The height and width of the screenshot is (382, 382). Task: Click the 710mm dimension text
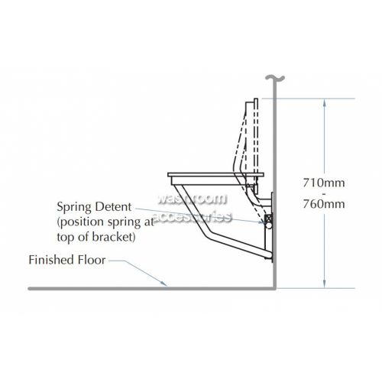click(324, 183)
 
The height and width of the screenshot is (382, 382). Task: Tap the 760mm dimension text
click(324, 204)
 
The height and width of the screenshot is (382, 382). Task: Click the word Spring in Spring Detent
click(73, 207)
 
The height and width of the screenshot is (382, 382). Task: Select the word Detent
click(112, 206)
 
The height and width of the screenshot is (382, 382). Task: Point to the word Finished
click(47, 260)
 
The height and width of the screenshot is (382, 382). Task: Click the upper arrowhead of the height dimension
click(324, 102)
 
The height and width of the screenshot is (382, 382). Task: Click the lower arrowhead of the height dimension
click(324, 284)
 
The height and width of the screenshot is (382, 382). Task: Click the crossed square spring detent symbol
click(268, 219)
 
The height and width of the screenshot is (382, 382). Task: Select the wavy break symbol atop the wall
click(274, 78)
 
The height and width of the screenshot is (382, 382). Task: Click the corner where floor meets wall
click(274, 288)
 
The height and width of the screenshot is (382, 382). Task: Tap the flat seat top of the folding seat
click(215, 175)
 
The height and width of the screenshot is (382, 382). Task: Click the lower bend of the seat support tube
click(208, 233)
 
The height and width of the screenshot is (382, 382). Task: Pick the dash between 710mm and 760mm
click(324, 193)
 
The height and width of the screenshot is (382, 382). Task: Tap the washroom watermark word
click(192, 199)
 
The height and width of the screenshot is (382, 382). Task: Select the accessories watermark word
click(193, 217)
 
